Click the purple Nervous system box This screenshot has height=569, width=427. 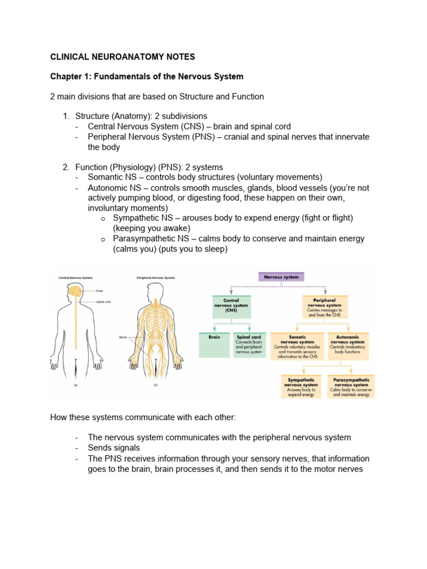[282, 277]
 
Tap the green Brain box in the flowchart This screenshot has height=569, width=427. [213, 345]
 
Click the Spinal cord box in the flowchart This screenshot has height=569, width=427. [250, 345]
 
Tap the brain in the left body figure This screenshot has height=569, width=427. [76, 291]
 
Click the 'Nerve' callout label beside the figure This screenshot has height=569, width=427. [123, 337]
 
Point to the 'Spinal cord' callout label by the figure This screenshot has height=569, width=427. [104, 302]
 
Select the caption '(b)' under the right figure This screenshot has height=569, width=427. [154, 384]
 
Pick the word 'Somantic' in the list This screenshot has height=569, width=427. [106, 177]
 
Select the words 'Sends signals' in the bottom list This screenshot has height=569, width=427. [114, 448]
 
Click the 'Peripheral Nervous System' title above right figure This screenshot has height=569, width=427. [156, 277]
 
